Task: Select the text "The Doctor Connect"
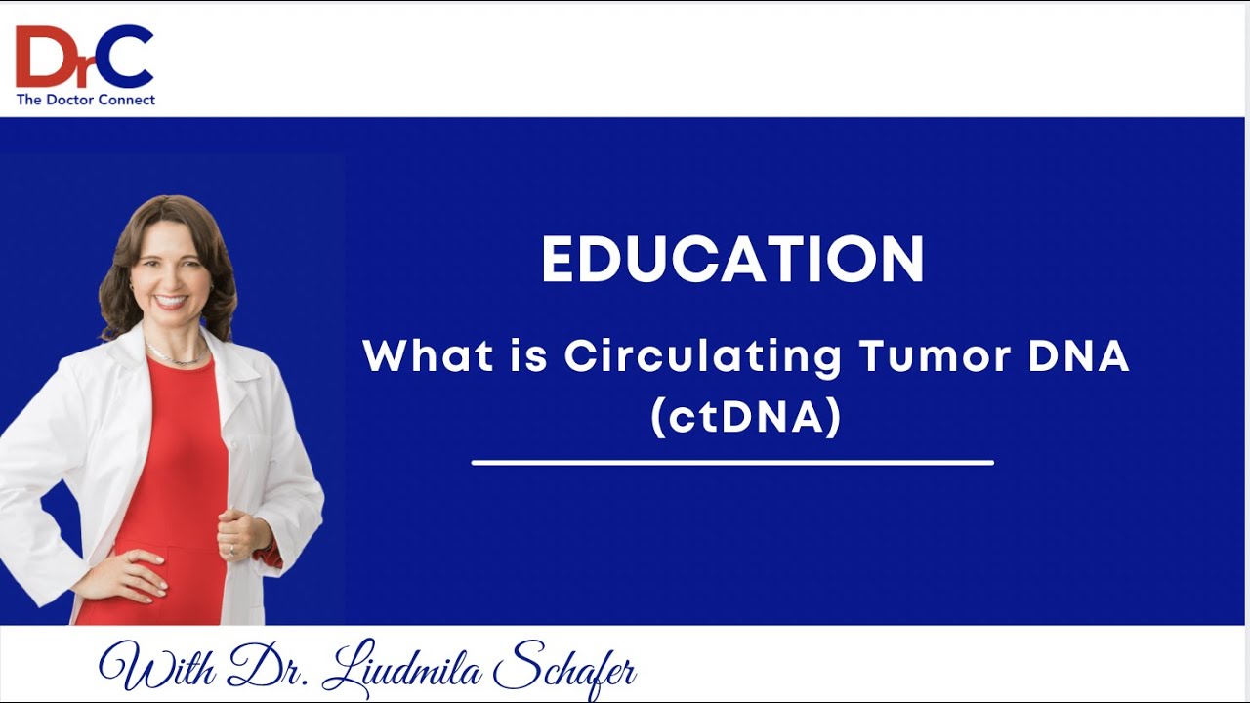tap(85, 99)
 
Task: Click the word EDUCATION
tap(732, 260)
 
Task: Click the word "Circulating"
tap(702, 357)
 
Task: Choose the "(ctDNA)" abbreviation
tap(746, 417)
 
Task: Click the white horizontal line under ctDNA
tap(732, 462)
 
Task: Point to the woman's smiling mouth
tap(171, 302)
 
